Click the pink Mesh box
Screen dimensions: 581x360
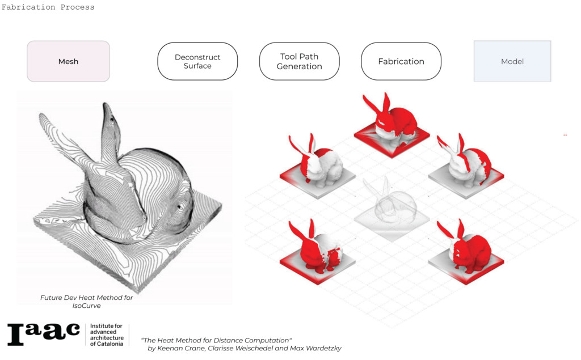coord(68,61)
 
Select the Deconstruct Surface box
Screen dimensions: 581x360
coord(197,61)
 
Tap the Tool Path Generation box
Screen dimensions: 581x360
coord(300,61)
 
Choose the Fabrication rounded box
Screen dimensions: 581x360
coord(401,61)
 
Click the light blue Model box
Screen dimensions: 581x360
coord(512,61)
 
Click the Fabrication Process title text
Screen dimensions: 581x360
coord(48,7)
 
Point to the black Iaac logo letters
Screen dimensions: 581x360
coord(44,334)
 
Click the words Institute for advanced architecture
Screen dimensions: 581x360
coord(107,332)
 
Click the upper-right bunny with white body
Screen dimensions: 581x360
coord(466,165)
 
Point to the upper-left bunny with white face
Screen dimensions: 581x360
coord(317,165)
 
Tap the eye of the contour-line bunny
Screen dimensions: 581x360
coord(180,207)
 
